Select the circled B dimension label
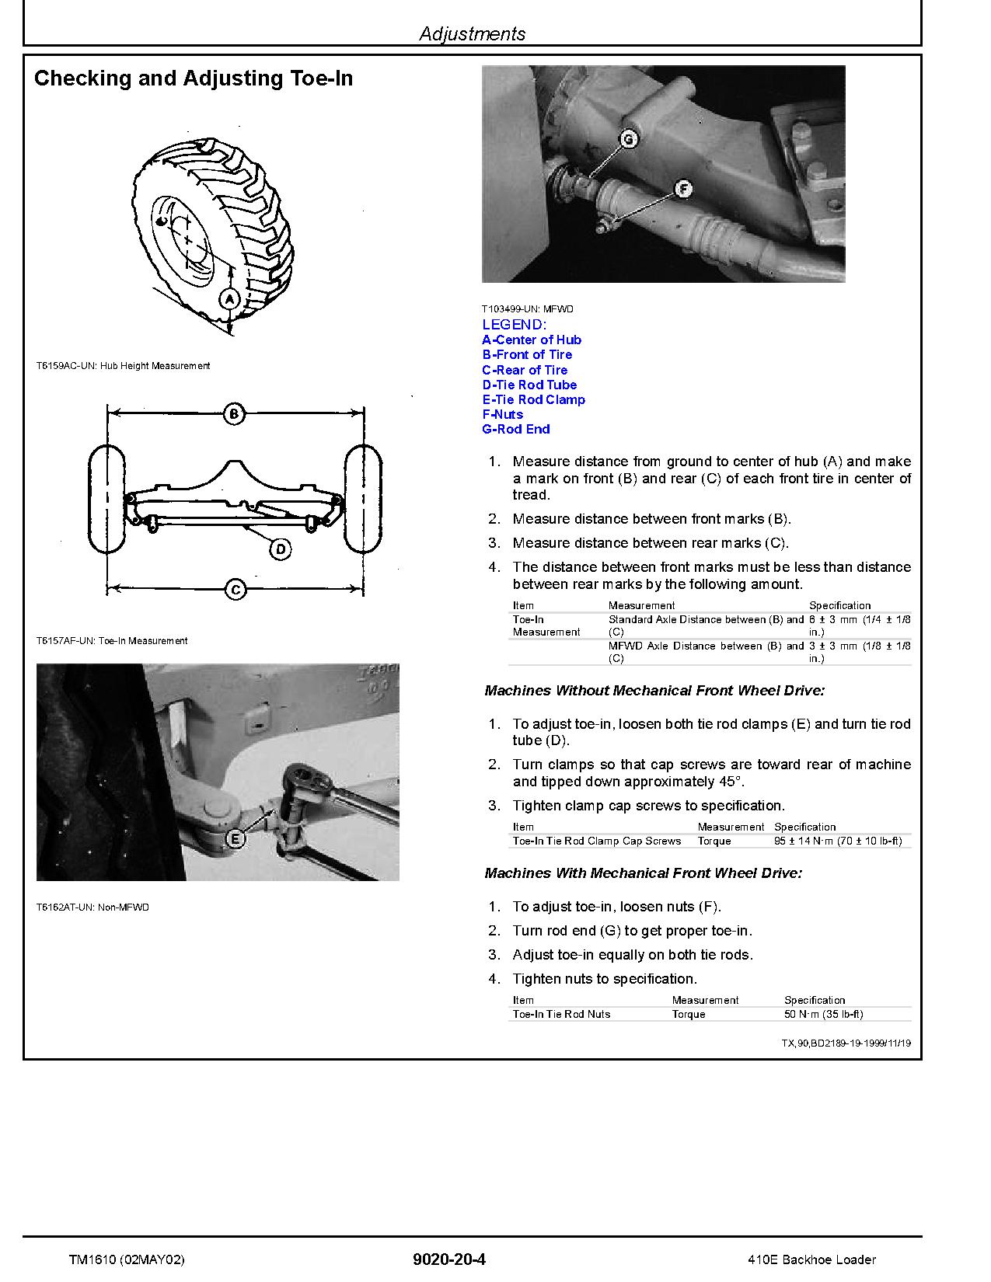pos(234,413)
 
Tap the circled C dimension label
pos(236,590)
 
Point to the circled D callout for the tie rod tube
pos(281,549)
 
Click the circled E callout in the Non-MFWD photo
pos(236,838)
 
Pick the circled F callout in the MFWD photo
pos(682,189)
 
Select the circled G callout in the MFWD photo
pos(628,140)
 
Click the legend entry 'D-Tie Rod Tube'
pos(529,385)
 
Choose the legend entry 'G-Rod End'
pos(516,429)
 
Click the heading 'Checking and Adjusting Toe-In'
pos(194,78)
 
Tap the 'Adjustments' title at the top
pos(472,33)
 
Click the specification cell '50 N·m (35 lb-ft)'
pos(823,1014)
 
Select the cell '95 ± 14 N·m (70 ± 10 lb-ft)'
pos(838,841)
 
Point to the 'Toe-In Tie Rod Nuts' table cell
pos(561,1014)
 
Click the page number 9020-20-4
pos(450,1259)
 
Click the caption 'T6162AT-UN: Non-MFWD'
pos(92,907)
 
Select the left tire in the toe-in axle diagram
pos(106,498)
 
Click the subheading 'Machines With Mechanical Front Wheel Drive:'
pos(643,873)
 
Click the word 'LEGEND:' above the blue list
pos(514,325)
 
